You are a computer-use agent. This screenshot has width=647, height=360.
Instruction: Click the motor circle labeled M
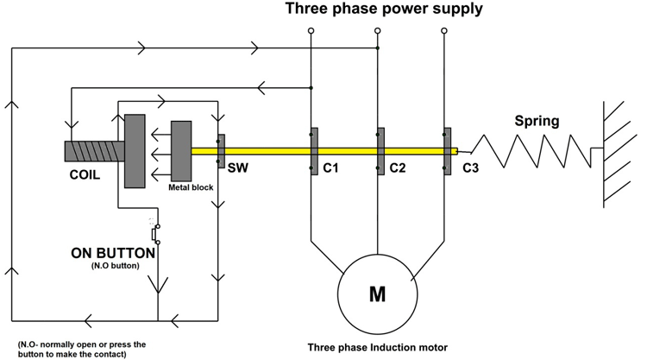point(377,294)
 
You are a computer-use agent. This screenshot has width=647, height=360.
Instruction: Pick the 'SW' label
point(236,168)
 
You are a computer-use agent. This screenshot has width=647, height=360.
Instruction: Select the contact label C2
point(397,167)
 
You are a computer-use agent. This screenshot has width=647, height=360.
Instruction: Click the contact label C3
point(470,167)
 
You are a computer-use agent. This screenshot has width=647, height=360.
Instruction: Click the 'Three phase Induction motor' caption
point(378,348)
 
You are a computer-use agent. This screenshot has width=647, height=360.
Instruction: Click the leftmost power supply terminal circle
point(311,32)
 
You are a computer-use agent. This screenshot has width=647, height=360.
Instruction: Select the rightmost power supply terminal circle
point(445,32)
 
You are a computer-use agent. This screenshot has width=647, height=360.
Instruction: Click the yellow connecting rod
point(345,151)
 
